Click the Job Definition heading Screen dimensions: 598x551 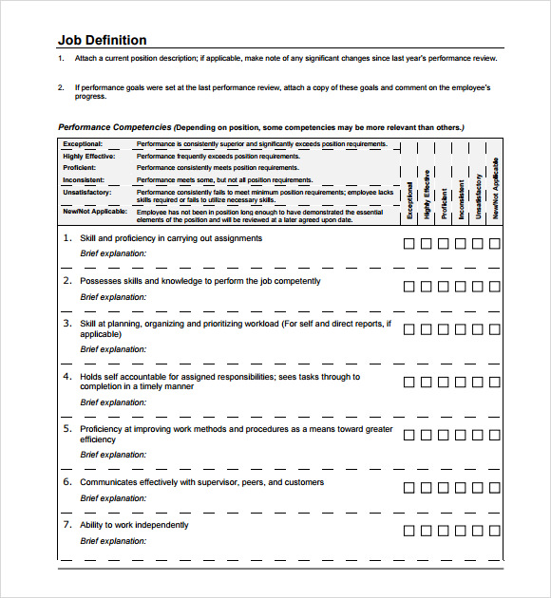click(102, 40)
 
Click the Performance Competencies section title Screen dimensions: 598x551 click(115, 127)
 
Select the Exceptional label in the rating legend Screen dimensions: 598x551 click(83, 144)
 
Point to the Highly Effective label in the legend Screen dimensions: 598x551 click(89, 156)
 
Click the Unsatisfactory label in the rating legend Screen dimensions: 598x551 click(86, 192)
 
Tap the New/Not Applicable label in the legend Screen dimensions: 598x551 click(93, 212)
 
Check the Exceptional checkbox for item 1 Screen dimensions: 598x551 click(409, 244)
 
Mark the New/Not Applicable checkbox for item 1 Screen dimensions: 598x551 click(494, 244)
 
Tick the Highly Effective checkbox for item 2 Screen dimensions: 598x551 click(427, 287)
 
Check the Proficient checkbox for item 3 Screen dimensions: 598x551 click(444, 329)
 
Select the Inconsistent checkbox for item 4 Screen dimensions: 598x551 click(461, 383)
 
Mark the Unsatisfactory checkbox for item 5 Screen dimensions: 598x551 click(478, 435)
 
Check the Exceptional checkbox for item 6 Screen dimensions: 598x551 click(409, 488)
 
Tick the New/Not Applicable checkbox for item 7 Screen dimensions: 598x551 click(494, 530)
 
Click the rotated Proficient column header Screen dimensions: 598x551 click(445, 203)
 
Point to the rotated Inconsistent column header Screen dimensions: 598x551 click(462, 199)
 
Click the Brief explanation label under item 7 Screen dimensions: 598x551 click(113, 541)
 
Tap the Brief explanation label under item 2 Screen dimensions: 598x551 click(113, 297)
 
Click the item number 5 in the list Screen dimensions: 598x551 click(67, 429)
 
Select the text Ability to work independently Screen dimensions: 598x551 click(134, 525)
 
